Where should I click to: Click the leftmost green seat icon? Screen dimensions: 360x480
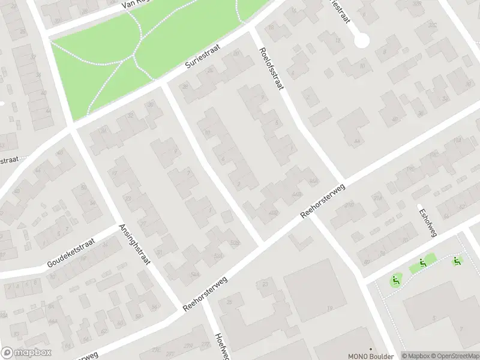[x=395, y=280]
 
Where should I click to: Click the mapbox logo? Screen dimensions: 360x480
[x=26, y=353]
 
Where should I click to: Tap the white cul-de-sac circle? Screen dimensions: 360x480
[x=361, y=41]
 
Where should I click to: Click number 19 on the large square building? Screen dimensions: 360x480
[x=329, y=308]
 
